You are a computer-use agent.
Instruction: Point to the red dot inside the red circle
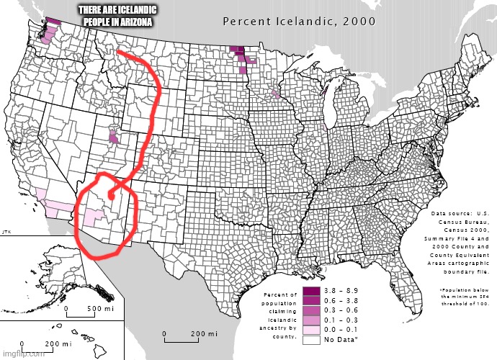110,195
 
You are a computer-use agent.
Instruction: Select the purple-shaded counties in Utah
113,135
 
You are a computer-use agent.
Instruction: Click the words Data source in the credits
449,213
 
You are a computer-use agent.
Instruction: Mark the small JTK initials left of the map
5,231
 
